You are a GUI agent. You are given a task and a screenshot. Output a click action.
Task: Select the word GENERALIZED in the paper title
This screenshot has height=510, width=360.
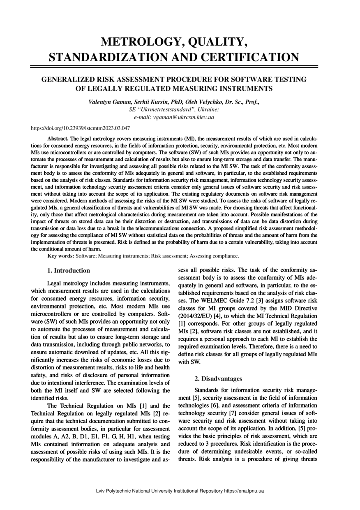(69, 79)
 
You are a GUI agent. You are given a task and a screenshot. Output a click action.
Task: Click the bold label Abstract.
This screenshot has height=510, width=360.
(58, 138)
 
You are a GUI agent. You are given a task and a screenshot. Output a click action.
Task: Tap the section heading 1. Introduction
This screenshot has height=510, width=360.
(69, 271)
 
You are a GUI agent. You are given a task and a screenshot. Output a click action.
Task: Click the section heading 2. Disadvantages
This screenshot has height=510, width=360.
(218, 378)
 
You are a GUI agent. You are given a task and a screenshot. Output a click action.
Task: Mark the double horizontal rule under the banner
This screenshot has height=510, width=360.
(174, 66)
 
